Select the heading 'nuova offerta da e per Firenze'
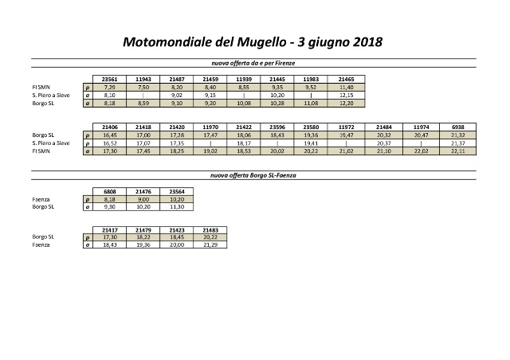tap(253, 62)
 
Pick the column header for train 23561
tap(111, 80)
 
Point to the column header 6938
tap(460, 127)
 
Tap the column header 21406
tap(111, 127)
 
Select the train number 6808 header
tap(111, 190)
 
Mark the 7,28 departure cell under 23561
tap(111, 87)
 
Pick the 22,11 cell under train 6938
tap(460, 151)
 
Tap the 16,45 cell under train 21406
tap(111, 135)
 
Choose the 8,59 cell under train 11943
tap(144, 103)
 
